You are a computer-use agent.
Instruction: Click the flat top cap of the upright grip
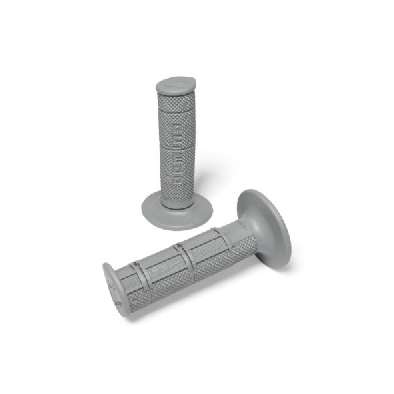(x=176, y=85)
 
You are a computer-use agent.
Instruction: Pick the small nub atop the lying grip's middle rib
(x=179, y=247)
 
